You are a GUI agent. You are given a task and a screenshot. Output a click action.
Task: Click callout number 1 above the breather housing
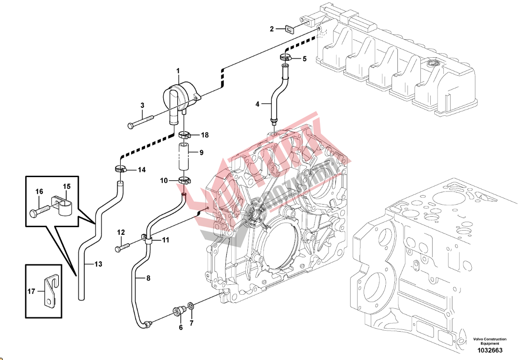178,71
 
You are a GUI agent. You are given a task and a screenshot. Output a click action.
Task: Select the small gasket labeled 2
289,29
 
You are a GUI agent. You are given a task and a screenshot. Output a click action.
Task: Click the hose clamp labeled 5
285,57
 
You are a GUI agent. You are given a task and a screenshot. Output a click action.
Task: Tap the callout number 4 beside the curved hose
257,104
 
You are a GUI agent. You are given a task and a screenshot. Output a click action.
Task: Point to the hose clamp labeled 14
119,170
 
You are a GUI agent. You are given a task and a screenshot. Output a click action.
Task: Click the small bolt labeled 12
123,246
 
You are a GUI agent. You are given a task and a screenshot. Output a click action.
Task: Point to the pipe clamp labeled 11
147,238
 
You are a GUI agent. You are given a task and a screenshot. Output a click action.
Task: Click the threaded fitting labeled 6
179,311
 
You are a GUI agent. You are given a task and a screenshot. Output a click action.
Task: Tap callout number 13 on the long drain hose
98,264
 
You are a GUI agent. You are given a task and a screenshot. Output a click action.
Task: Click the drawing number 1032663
490,351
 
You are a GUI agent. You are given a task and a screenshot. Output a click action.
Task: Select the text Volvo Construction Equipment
489,341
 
